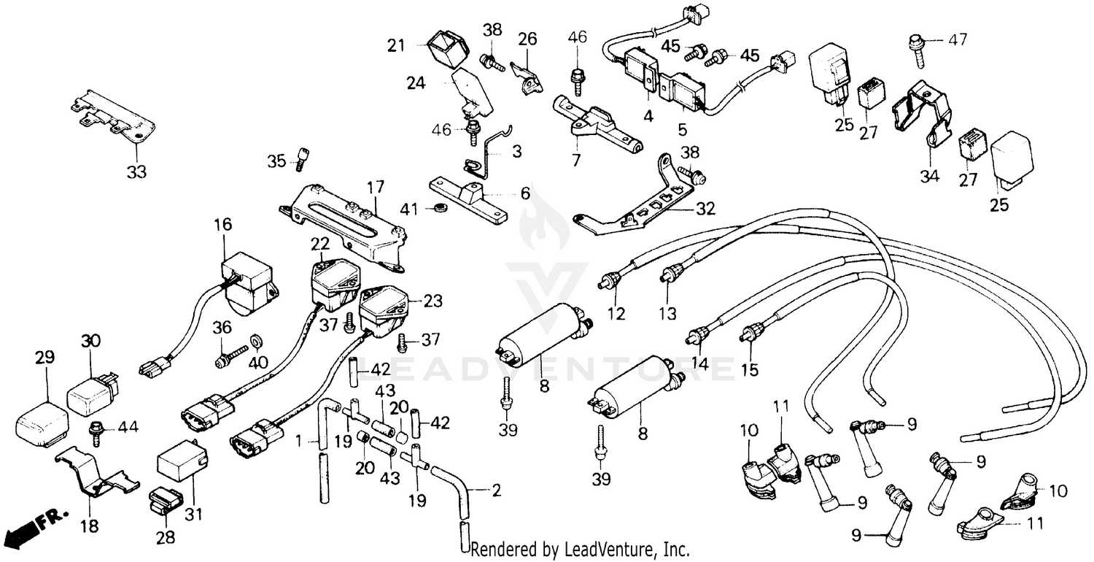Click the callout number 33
pos(136,172)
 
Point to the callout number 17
pos(375,188)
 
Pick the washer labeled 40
pos(257,341)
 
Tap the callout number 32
pos(705,209)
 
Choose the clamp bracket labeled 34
pos(920,115)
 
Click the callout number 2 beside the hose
pos(496,490)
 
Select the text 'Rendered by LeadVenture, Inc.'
pos(581,549)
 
